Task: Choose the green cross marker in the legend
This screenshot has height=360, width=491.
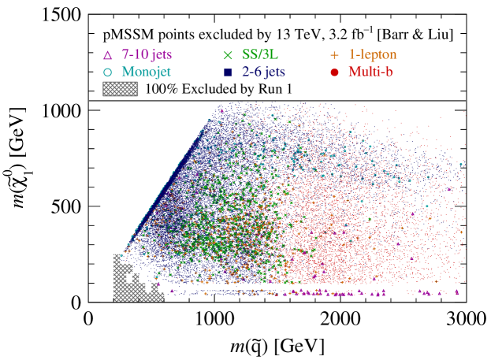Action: pyautogui.click(x=229, y=55)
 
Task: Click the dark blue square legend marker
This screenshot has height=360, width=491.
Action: pyautogui.click(x=229, y=72)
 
